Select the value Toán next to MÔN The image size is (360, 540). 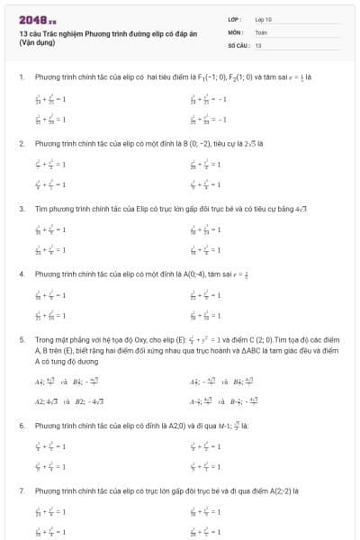[261, 31]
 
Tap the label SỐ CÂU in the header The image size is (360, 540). [238, 44]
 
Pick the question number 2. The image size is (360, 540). [20, 143]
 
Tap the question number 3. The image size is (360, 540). [20, 208]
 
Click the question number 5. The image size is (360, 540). [20, 340]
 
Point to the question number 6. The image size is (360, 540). [20, 423]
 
